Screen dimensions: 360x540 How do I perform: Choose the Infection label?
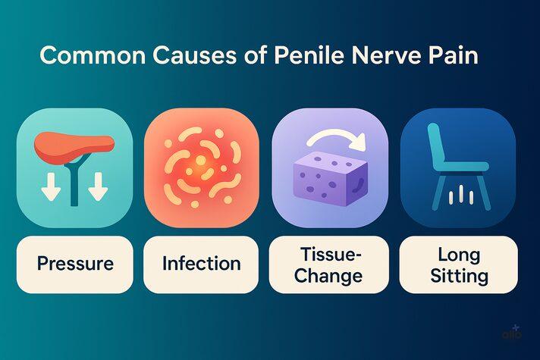pos(201,264)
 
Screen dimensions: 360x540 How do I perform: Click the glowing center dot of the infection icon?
pos(199,161)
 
